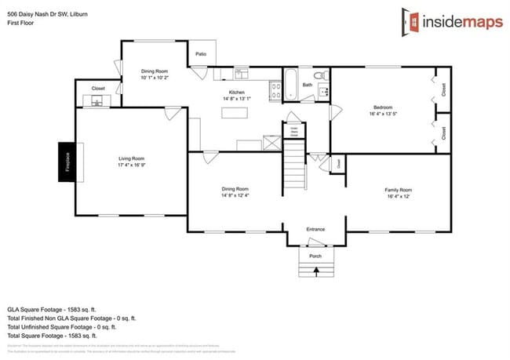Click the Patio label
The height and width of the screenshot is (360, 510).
(x=201, y=54)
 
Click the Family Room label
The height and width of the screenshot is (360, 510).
(x=398, y=190)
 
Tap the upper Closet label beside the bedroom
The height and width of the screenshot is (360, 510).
(x=443, y=90)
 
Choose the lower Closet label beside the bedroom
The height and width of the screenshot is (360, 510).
(x=443, y=133)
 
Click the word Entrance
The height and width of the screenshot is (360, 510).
(x=315, y=229)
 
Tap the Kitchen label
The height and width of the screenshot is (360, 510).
(x=237, y=92)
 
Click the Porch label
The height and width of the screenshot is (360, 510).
(x=315, y=256)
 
